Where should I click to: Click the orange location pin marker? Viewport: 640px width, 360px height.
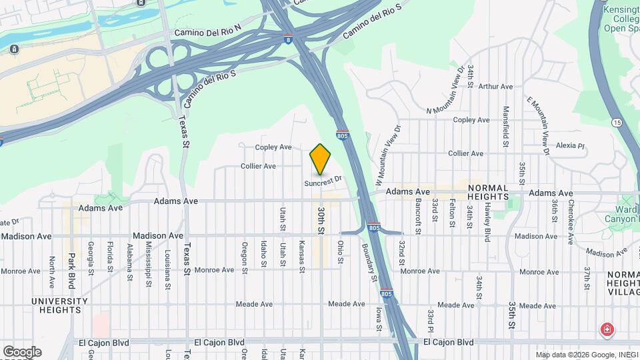click(x=321, y=159)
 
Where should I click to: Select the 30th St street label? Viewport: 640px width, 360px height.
click(x=321, y=220)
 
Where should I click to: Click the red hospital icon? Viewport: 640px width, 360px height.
click(x=607, y=329)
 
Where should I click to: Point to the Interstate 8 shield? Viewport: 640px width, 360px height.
click(x=287, y=39)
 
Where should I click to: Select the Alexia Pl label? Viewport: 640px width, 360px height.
click(x=570, y=145)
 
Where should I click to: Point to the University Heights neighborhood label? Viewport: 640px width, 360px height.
click(x=60, y=305)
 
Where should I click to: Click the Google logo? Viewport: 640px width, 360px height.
click(x=22, y=351)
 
